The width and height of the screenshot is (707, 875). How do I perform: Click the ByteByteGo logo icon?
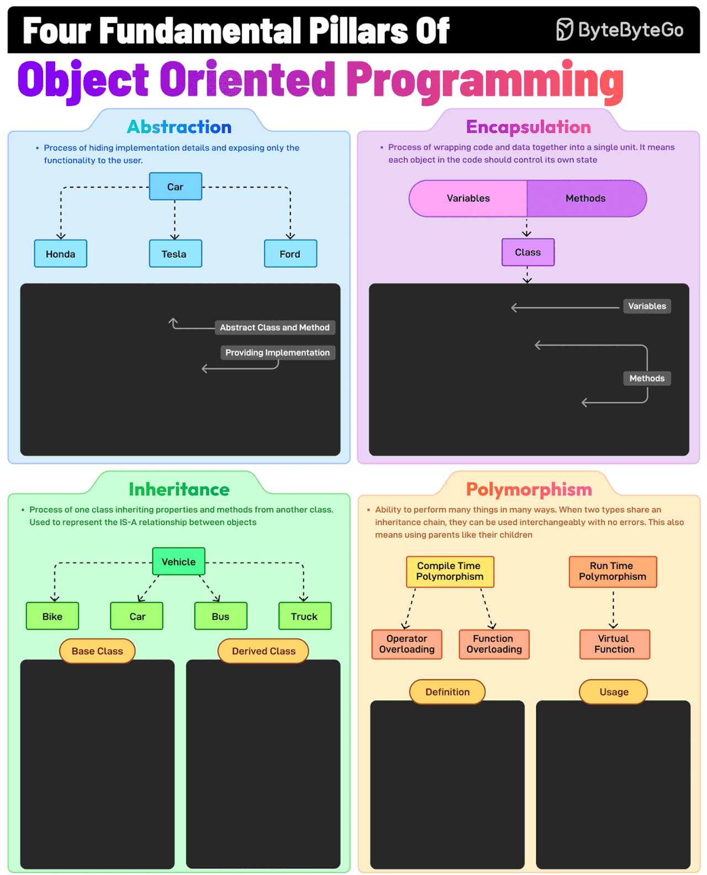(x=564, y=29)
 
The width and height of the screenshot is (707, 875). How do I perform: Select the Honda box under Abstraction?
(x=61, y=253)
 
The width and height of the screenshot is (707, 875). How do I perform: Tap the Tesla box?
(x=175, y=253)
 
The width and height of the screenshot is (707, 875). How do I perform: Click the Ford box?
(x=290, y=253)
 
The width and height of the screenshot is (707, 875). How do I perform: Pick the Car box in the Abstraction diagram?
(x=175, y=187)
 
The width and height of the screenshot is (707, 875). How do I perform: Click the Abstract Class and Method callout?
(x=275, y=327)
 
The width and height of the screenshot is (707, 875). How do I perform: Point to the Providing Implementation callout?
(x=277, y=353)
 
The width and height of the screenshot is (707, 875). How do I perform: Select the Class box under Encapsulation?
(x=527, y=252)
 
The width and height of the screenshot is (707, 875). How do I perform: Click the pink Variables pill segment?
(x=468, y=198)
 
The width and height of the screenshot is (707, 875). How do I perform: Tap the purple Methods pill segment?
(x=586, y=198)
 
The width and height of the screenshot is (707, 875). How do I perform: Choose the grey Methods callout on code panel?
(x=647, y=378)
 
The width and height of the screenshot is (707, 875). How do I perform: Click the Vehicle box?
(x=178, y=561)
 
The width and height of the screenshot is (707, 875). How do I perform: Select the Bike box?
(x=52, y=616)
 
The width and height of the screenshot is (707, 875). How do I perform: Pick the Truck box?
(x=304, y=616)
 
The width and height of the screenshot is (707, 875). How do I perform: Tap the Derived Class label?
(x=263, y=651)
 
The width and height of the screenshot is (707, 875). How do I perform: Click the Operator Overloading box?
(x=407, y=644)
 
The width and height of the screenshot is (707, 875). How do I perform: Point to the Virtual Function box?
(x=614, y=644)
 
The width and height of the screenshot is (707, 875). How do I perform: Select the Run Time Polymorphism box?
(x=613, y=571)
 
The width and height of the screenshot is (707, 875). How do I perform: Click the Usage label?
(x=614, y=692)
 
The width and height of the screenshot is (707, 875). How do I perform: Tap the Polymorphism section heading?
(x=529, y=490)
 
